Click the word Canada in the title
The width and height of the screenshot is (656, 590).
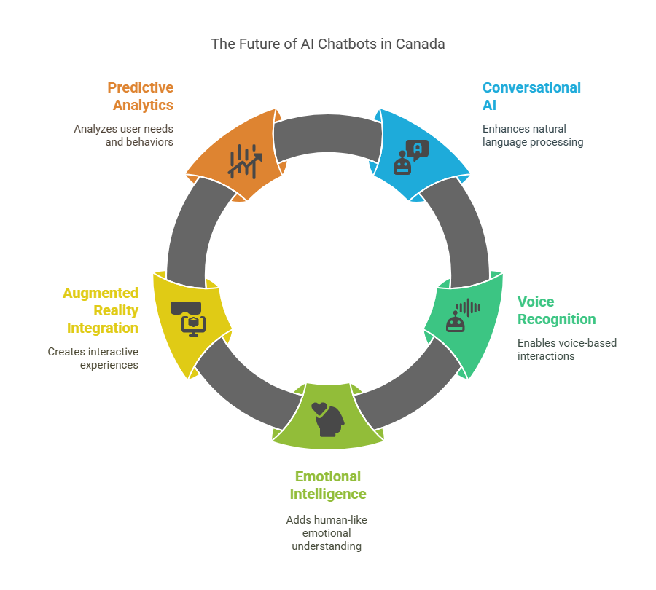(420, 44)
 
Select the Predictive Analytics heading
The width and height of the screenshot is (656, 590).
(140, 96)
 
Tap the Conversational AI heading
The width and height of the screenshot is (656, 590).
(531, 96)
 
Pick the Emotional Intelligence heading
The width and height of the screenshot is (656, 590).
(327, 485)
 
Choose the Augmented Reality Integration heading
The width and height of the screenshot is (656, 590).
(101, 310)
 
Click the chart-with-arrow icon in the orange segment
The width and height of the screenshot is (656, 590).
(244, 161)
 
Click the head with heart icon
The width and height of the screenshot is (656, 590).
(327, 419)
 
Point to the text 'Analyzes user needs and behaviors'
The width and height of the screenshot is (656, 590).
(124, 135)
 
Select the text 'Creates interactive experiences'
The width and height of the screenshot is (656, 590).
(93, 358)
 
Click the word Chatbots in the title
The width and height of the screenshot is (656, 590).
(347, 44)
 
